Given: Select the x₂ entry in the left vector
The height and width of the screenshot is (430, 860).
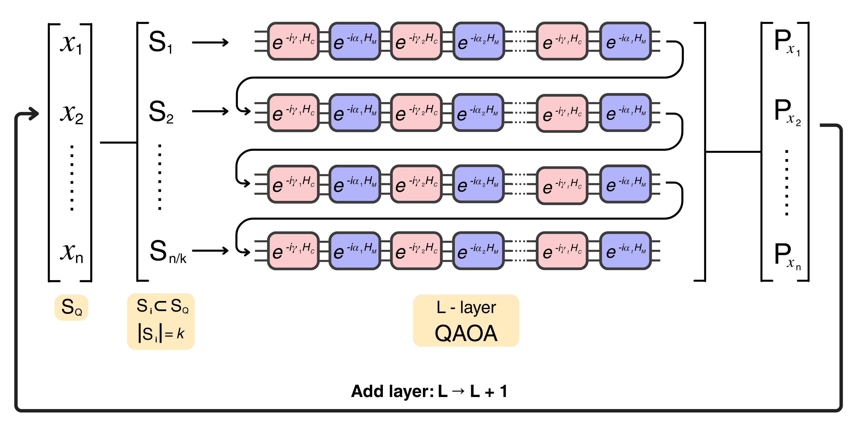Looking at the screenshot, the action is (71, 114).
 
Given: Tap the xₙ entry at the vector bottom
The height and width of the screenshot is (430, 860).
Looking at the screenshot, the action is (71, 253).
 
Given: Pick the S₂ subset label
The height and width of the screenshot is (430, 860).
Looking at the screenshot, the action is (161, 111).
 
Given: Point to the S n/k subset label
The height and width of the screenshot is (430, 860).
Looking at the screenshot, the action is (168, 251).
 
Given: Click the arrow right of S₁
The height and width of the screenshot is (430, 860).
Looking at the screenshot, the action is (210, 42).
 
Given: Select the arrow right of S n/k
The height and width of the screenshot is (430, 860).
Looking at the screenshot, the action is (210, 251).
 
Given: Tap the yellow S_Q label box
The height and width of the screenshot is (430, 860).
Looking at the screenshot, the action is (71, 307).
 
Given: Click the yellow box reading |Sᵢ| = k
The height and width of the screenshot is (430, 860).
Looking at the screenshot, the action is (161, 321).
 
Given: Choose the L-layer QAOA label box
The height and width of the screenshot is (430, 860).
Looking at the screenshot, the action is (466, 321).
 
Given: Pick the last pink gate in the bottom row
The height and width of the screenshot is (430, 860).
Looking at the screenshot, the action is (562, 251).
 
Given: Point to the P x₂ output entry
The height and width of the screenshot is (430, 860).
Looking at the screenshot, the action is (787, 113).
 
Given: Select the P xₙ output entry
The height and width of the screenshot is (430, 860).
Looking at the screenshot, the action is (787, 257).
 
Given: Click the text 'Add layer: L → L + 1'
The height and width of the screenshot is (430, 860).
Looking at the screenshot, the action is (429, 391).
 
